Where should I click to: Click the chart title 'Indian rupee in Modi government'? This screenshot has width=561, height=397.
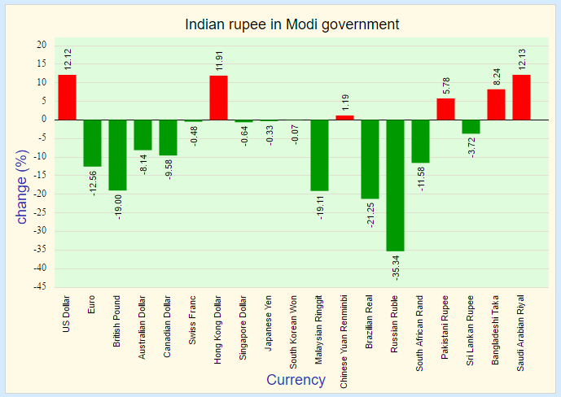[292, 24]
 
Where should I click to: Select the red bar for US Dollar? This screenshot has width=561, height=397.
[67, 97]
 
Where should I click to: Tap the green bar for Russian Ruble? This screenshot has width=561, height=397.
[395, 185]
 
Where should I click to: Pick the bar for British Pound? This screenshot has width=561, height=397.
[117, 155]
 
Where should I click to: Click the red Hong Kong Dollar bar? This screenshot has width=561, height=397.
[218, 98]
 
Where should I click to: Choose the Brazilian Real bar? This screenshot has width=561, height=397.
[370, 159]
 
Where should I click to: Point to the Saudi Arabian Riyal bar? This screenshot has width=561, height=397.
[521, 97]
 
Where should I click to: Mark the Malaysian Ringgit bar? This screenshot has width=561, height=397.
[319, 155]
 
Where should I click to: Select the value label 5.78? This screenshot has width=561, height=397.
[446, 85]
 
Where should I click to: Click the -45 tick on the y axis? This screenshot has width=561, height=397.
[42, 287]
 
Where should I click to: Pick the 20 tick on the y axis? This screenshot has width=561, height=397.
[42, 46]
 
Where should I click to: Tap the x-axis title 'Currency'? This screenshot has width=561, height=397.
[296, 380]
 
